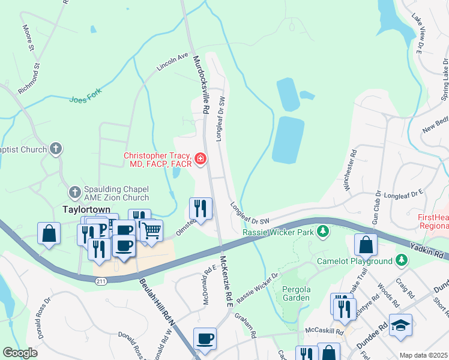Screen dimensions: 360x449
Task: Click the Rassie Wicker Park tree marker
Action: point(323,231)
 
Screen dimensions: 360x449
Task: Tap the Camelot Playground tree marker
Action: point(402,260)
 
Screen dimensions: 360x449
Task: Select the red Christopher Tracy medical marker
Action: point(200,159)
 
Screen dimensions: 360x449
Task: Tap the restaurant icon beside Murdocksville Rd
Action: point(200,208)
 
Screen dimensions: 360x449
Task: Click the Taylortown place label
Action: point(85,210)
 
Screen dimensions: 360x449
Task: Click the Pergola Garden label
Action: point(296,293)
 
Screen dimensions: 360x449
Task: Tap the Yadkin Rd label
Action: point(427,250)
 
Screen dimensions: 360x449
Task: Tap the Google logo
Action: point(20,353)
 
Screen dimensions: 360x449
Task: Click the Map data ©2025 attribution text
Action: point(423,355)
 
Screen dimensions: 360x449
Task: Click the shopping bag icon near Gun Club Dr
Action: point(365,245)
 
